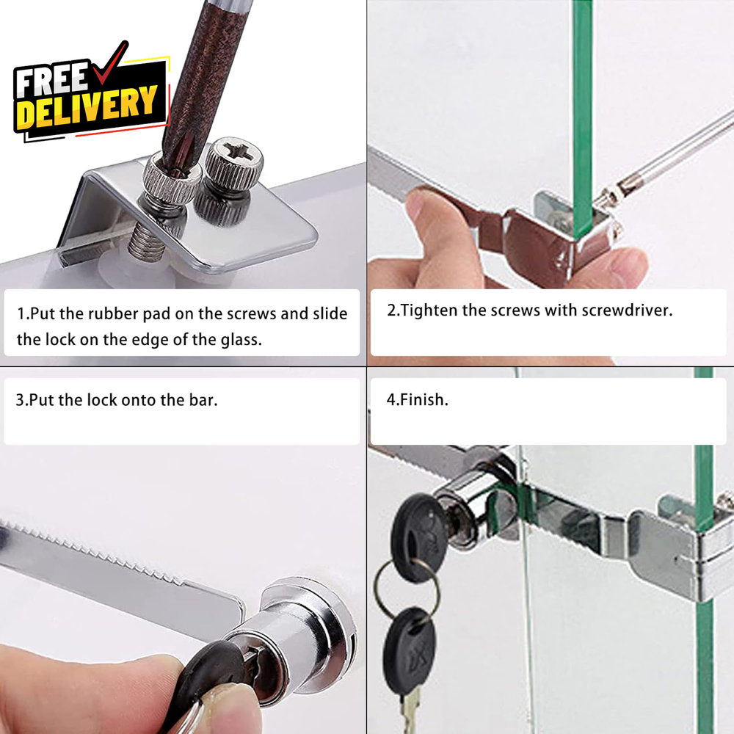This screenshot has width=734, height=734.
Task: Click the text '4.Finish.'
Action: tap(417, 400)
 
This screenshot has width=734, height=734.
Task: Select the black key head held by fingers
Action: tap(211, 674)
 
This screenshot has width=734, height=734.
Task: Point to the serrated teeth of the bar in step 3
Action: tap(94, 553)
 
